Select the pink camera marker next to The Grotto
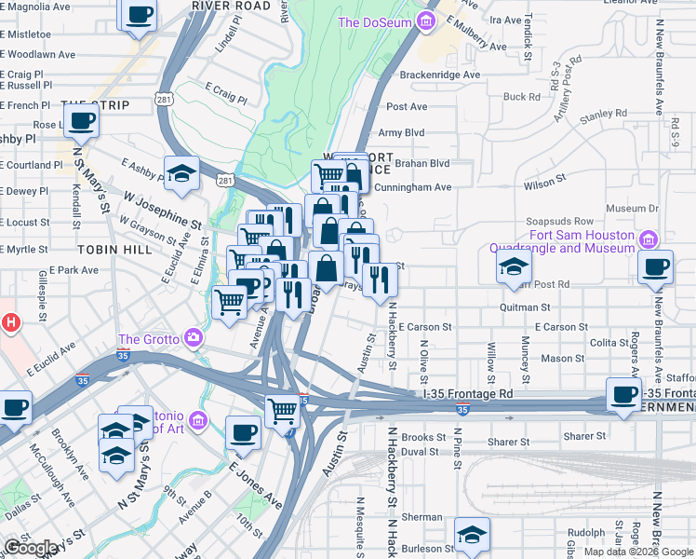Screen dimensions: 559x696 pos(194,337)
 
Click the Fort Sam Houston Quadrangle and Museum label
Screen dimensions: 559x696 pos(556,242)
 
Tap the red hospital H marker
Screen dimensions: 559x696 pos(10,323)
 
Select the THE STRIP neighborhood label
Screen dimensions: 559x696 pos(95,105)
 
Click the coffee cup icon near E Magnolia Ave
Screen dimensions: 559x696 pos(139,16)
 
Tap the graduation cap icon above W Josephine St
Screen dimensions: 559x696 pos(182,172)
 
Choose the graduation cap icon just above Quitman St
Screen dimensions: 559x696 pos(513,266)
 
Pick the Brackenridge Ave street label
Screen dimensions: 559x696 pos(439,75)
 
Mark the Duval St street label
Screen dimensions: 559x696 pos(420,451)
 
